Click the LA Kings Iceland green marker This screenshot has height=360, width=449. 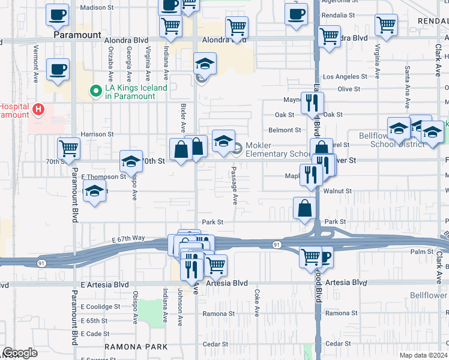[x=95, y=91]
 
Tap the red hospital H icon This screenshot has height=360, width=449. [x=38, y=110]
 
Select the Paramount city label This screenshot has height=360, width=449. [x=77, y=35]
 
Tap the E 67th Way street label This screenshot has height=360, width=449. [x=129, y=238]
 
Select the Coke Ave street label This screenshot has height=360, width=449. [x=257, y=304]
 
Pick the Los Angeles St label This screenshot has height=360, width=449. [x=345, y=77]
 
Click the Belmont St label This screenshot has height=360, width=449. [x=285, y=130]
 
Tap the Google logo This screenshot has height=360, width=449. [x=20, y=353]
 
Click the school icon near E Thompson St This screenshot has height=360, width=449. [x=94, y=192]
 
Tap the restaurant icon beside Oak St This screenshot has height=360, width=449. [x=312, y=103]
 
